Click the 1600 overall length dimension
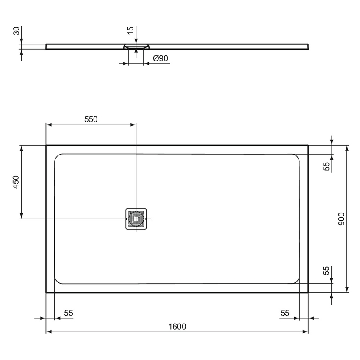(x=177, y=326)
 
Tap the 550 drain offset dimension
(x=91, y=119)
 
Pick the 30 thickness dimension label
(x=16, y=31)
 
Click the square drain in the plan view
(x=136, y=219)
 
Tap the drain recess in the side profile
(x=136, y=46)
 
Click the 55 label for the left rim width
(x=68, y=313)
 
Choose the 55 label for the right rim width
(x=285, y=313)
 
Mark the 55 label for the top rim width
(x=327, y=166)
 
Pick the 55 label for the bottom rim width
(x=327, y=271)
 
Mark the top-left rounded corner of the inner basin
(x=57, y=156)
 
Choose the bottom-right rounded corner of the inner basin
(x=297, y=281)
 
